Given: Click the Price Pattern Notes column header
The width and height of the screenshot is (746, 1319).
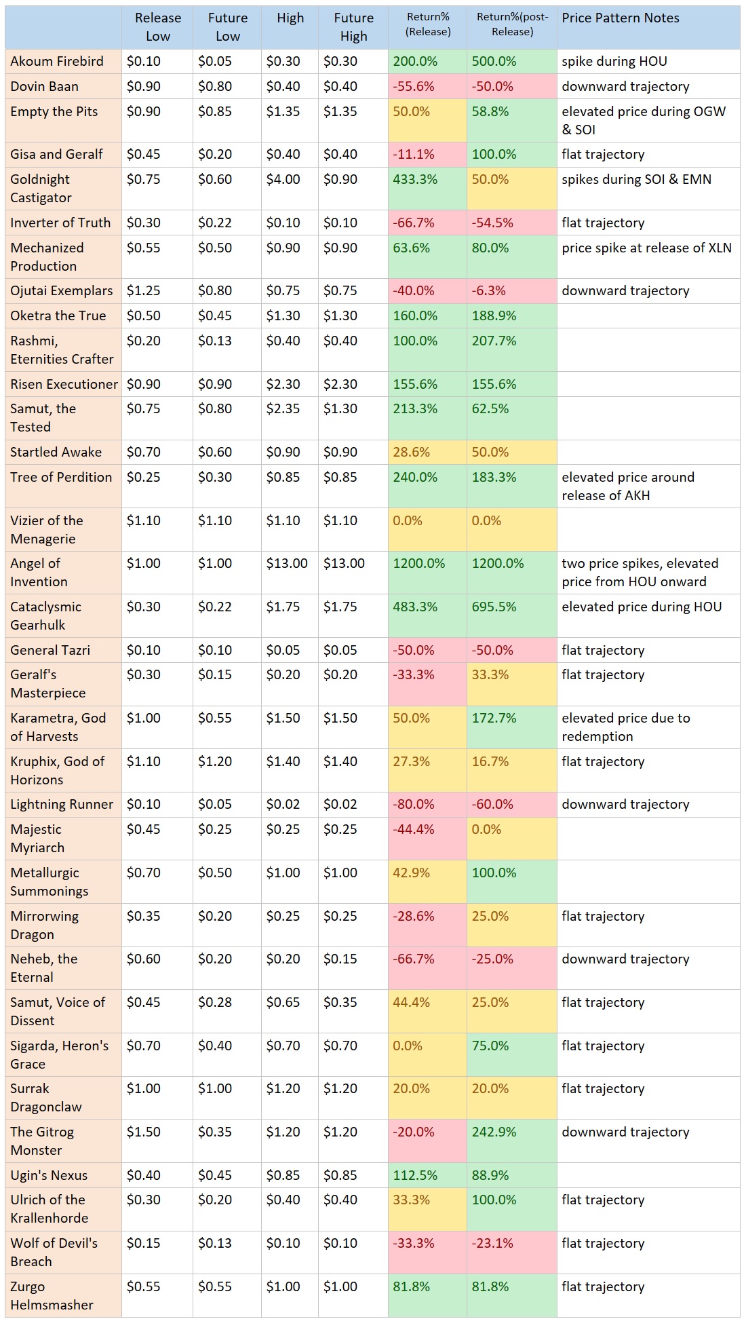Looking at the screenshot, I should [x=620, y=18].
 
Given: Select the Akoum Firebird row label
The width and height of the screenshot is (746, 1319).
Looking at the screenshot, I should [x=57, y=61].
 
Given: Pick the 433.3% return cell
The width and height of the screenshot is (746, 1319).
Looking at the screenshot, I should [x=415, y=180].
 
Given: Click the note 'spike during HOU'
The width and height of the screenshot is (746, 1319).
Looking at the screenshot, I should [x=614, y=61].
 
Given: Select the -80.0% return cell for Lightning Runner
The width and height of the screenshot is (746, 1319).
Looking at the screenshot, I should [x=414, y=804].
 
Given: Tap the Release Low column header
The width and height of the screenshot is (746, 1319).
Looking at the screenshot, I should [x=157, y=27].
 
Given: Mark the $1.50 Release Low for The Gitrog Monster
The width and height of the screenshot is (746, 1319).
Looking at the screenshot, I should [x=144, y=1132].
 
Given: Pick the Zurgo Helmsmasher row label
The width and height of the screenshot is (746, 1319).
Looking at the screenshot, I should [x=52, y=1295].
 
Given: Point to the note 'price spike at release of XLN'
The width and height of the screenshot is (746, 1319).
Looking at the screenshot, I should [x=646, y=248].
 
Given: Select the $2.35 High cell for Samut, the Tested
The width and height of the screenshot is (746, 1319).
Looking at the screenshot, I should [x=283, y=408].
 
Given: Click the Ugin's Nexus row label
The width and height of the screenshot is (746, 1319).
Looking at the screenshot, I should [x=49, y=1175].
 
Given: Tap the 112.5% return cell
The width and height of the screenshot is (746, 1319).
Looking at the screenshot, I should [x=415, y=1175].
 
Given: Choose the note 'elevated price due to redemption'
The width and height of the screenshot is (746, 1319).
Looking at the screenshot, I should [x=625, y=727].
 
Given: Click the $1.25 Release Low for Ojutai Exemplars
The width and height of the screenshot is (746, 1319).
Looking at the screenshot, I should [x=144, y=290].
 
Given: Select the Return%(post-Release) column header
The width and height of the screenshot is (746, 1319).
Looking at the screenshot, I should [x=512, y=24].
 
